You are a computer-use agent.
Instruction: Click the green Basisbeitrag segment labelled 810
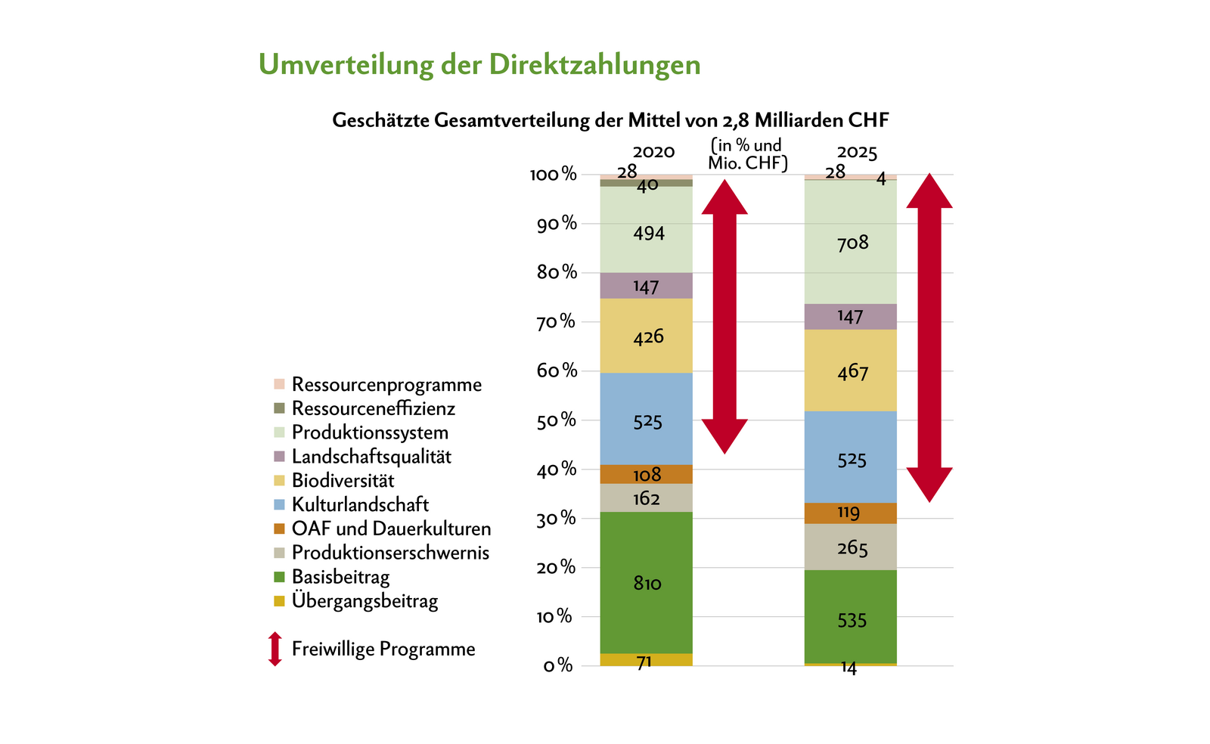(x=646, y=583)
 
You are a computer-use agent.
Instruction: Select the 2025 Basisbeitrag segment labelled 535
(x=850, y=620)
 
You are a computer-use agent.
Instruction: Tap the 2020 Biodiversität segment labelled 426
(x=646, y=336)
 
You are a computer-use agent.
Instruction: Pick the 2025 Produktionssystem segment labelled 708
(x=850, y=243)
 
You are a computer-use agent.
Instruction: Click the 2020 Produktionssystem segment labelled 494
(x=646, y=232)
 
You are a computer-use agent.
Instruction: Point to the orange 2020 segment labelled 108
(x=646, y=474)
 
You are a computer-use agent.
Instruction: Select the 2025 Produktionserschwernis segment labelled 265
(x=850, y=547)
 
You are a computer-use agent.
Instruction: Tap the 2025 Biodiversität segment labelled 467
(x=850, y=370)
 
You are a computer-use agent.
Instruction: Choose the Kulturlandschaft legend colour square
(x=279, y=504)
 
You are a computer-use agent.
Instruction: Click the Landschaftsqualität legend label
(x=371, y=457)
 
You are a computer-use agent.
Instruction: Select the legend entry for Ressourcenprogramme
(x=386, y=384)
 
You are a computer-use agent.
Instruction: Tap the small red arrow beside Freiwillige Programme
(x=275, y=649)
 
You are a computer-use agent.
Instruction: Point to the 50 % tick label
(x=557, y=420)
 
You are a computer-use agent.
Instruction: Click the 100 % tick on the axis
(x=554, y=175)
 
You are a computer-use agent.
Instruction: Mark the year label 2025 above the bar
(x=857, y=153)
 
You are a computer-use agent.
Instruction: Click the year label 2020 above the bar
(x=653, y=152)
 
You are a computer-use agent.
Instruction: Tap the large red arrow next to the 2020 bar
(x=724, y=316)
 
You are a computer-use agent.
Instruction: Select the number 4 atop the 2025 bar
(x=881, y=179)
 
